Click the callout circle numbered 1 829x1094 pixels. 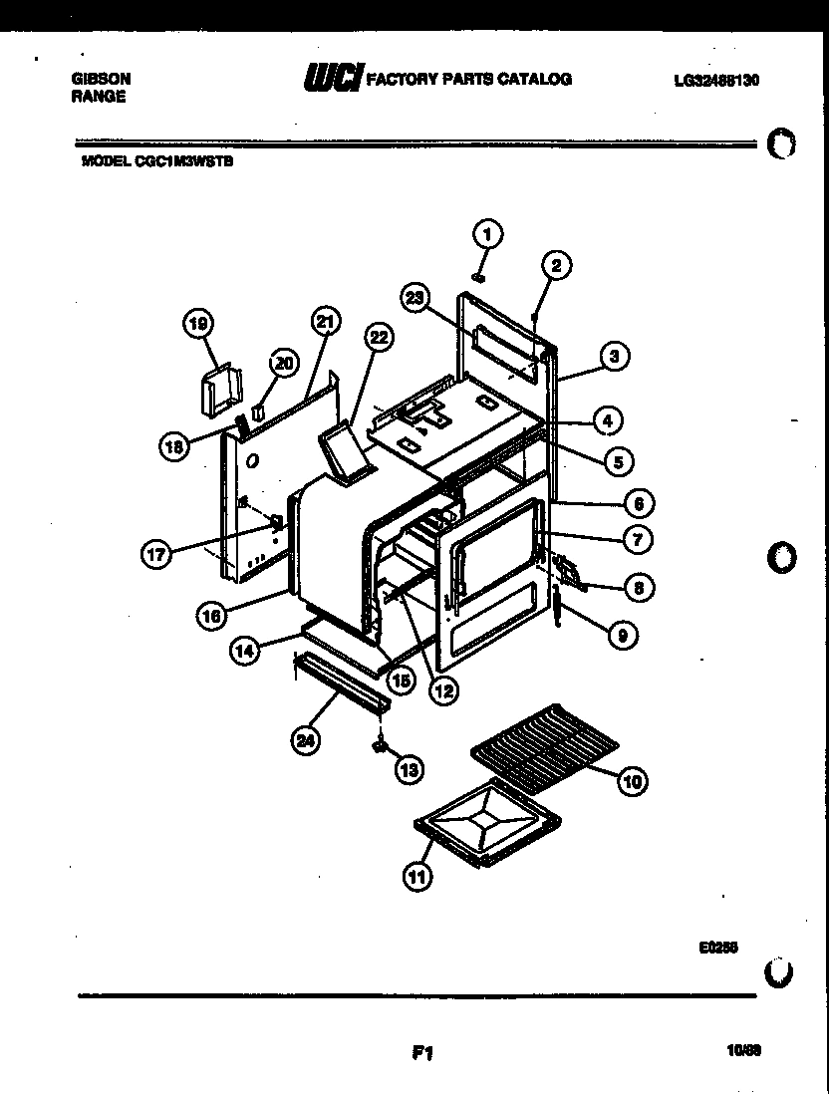coord(486,234)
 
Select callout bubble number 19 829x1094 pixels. coord(198,323)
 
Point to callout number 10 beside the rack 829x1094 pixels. coord(632,780)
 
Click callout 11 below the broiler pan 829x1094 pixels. coord(416,877)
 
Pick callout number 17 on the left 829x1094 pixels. coord(155,555)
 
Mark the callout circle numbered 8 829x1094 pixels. coord(639,588)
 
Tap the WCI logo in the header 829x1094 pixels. coord(333,78)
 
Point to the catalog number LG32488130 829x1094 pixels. coord(716,80)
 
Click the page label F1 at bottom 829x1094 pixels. coord(420,1053)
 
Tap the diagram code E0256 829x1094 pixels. coord(717,949)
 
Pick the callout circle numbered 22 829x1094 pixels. coord(378,338)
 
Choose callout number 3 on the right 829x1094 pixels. coord(615,355)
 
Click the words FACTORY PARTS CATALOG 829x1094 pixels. coord(469,79)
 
